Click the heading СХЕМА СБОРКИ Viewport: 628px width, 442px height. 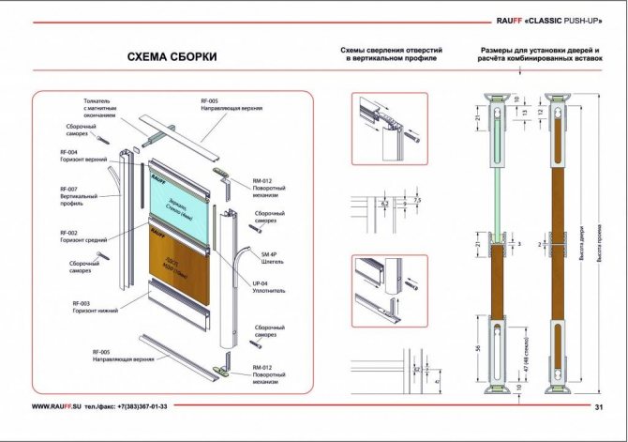pos(172,57)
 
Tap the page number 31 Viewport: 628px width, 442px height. pos(599,407)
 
